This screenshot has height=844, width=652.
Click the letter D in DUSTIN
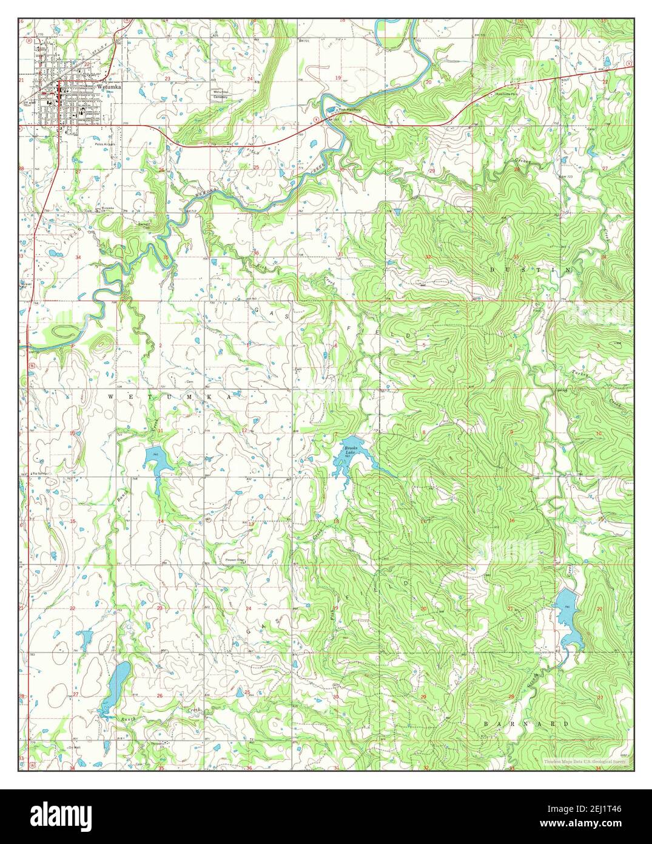(x=492, y=268)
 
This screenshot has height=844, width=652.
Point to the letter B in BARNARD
(x=487, y=724)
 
